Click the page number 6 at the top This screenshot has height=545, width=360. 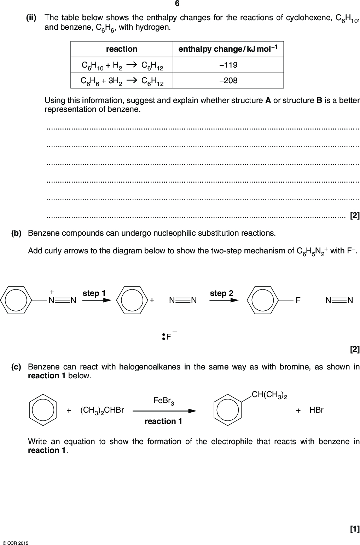[177, 4]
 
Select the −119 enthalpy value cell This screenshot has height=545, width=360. [228, 65]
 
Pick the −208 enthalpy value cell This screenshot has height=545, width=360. [228, 81]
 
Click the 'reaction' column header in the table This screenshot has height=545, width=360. [122, 49]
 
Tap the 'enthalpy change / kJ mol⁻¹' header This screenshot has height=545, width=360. [228, 49]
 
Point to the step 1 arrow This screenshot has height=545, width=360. [97, 300]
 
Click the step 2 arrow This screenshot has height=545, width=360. [223, 300]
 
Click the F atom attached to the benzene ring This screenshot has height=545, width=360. [298, 300]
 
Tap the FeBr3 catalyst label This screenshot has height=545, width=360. [164, 401]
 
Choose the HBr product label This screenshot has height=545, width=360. [316, 410]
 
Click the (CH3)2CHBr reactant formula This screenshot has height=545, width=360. [102, 410]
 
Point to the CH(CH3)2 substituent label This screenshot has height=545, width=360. [269, 395]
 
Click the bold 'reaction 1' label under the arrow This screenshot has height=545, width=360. [163, 421]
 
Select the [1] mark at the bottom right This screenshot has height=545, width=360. [354, 529]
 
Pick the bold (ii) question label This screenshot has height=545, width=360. [31, 17]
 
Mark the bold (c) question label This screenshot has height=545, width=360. [16, 367]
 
